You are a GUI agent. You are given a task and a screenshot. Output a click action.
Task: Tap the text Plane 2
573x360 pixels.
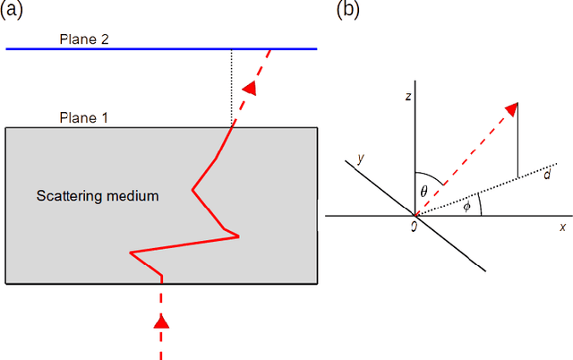point(83,39)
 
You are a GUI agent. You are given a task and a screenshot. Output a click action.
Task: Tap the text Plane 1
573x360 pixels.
point(83,117)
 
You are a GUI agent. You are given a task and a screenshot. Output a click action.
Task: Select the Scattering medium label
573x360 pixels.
point(98,194)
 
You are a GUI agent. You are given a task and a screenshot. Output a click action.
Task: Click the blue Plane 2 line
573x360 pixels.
point(134,48)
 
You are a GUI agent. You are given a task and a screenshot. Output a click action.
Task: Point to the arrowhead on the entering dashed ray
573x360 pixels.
point(161,320)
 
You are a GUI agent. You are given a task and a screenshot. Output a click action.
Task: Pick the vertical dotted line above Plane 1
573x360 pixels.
point(231,85)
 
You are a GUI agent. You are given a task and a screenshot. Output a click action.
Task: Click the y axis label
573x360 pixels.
point(361,159)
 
